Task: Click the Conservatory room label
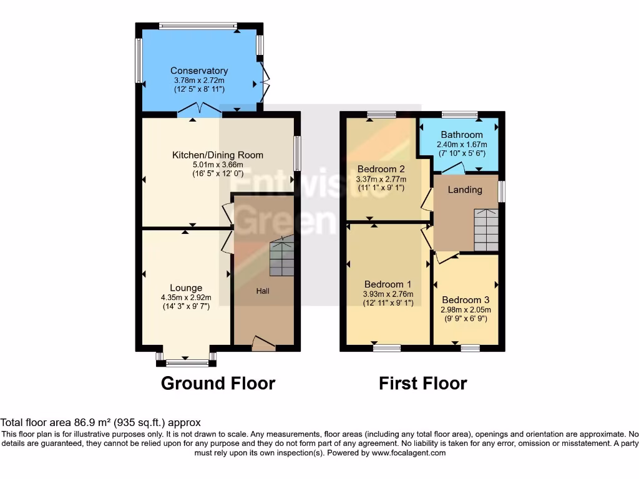[199, 70]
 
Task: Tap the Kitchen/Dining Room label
[218, 155]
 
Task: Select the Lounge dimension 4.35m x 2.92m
[186, 298]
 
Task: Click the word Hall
[263, 291]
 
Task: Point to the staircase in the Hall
[281, 257]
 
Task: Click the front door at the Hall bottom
[263, 342]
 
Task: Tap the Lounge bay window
[185, 360]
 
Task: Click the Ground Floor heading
[218, 383]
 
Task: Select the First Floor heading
[422, 383]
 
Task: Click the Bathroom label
[462, 135]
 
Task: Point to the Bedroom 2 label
[381, 169]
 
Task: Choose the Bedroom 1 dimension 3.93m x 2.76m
[388, 294]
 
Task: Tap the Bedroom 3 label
[462, 299]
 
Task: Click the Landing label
[465, 190]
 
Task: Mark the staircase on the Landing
[486, 229]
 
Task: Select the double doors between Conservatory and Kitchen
[199, 110]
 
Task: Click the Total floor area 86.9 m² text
[100, 422]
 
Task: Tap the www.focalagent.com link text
[409, 453]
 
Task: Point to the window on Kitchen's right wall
[297, 153]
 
